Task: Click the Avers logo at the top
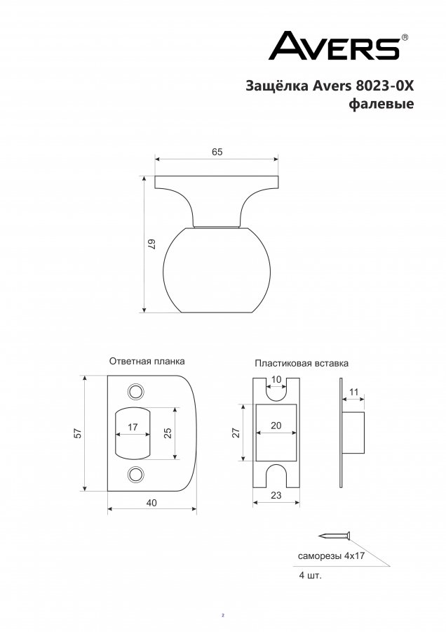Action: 338,46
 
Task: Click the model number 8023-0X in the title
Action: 385,86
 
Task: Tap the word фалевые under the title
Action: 381,104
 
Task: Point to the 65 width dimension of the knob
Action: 217,152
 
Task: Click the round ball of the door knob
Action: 217,270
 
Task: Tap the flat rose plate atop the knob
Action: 217,182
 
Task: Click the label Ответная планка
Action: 147,361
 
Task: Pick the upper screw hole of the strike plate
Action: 136,391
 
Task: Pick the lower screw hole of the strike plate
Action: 136,475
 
